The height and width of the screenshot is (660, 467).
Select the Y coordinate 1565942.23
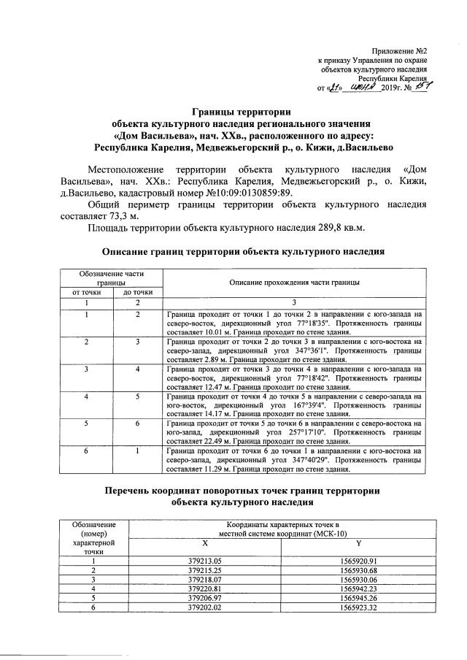[358, 588]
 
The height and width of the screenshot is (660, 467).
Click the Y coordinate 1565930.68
[358, 569]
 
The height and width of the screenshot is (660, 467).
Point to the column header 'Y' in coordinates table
[358, 542]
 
